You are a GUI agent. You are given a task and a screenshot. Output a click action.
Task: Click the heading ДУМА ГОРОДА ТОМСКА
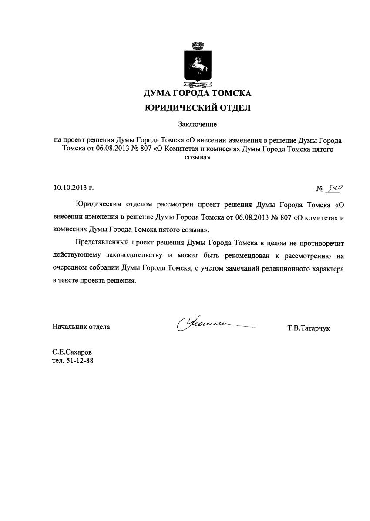pos(198,93)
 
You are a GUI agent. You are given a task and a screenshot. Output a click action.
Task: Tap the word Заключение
pos(197,125)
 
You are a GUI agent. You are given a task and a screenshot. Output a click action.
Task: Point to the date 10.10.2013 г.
pos(74,188)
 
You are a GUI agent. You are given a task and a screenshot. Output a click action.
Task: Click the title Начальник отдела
pos(81,326)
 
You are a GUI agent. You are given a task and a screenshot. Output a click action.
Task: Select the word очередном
pos(69,268)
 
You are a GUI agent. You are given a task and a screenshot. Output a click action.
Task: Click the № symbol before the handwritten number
pos(320,189)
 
